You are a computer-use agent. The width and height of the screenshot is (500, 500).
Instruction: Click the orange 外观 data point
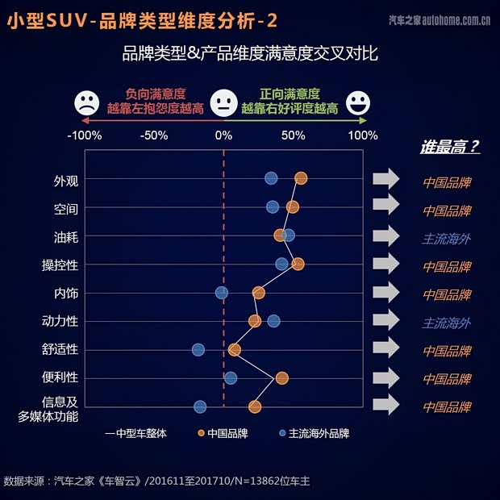(x=301, y=178)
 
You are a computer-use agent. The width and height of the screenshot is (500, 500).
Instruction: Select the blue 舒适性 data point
(x=198, y=349)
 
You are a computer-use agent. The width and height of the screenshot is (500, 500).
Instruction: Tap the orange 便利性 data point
(x=281, y=377)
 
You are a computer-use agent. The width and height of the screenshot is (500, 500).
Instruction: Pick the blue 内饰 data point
(x=222, y=292)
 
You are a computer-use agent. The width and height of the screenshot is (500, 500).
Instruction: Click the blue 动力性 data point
(x=273, y=321)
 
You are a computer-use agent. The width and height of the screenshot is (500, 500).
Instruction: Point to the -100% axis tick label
(x=85, y=135)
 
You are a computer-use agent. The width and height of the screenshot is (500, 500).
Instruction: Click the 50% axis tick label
(x=293, y=135)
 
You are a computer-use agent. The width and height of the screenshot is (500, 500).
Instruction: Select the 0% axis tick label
(x=223, y=135)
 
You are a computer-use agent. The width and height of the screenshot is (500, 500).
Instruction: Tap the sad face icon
(x=85, y=103)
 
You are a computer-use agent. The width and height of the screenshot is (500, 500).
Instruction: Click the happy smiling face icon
(x=358, y=103)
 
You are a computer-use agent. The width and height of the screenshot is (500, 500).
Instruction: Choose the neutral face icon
(x=222, y=103)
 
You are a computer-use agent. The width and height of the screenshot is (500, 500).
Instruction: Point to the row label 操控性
(x=60, y=265)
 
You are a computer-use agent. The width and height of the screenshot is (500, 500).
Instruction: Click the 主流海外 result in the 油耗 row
(x=446, y=238)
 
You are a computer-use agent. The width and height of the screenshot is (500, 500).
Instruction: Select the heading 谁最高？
(x=449, y=147)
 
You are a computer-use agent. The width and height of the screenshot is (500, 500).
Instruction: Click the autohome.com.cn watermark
(x=440, y=19)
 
